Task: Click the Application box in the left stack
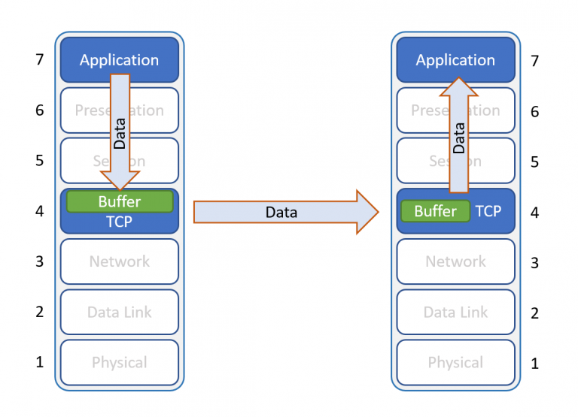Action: click(x=83, y=59)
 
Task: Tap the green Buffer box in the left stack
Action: click(x=120, y=202)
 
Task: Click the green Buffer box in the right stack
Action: click(x=435, y=211)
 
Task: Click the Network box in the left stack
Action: click(x=119, y=261)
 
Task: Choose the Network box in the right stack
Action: click(x=455, y=261)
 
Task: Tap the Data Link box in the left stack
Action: click(x=119, y=312)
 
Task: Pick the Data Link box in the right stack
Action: click(x=455, y=312)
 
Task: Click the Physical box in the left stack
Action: click(x=119, y=362)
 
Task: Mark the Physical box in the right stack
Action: click(x=455, y=362)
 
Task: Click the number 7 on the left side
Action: click(x=40, y=59)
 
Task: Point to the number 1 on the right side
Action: click(x=535, y=364)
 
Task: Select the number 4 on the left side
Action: click(x=40, y=212)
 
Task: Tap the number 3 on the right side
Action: click(x=535, y=263)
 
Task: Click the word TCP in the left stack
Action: click(x=120, y=222)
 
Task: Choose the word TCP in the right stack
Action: click(x=488, y=211)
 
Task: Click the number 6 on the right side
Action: click(x=535, y=111)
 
